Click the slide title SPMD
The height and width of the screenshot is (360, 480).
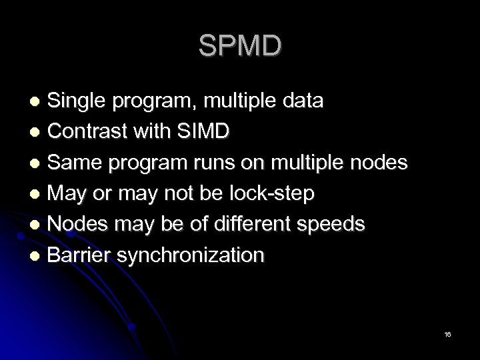pyautogui.click(x=240, y=46)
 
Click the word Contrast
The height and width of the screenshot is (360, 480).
pyautogui.click(x=86, y=132)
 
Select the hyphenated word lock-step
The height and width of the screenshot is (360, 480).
pyautogui.click(x=274, y=194)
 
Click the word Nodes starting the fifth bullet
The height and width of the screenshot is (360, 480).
pyautogui.click(x=78, y=225)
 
